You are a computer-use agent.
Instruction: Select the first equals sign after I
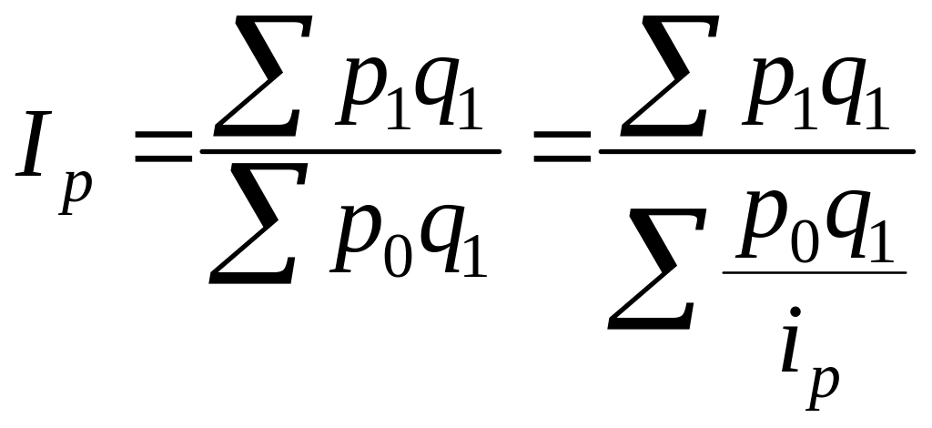tap(164, 148)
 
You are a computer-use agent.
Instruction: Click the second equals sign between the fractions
tap(562, 148)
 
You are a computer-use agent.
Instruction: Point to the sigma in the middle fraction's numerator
tap(263, 75)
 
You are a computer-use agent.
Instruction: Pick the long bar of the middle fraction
tap(350, 151)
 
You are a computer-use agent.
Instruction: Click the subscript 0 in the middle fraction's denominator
tap(399, 257)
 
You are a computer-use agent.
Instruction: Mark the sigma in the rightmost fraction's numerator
tap(670, 75)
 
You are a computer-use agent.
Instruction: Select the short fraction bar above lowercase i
tap(815, 273)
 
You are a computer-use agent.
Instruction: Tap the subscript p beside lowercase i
tap(822, 388)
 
